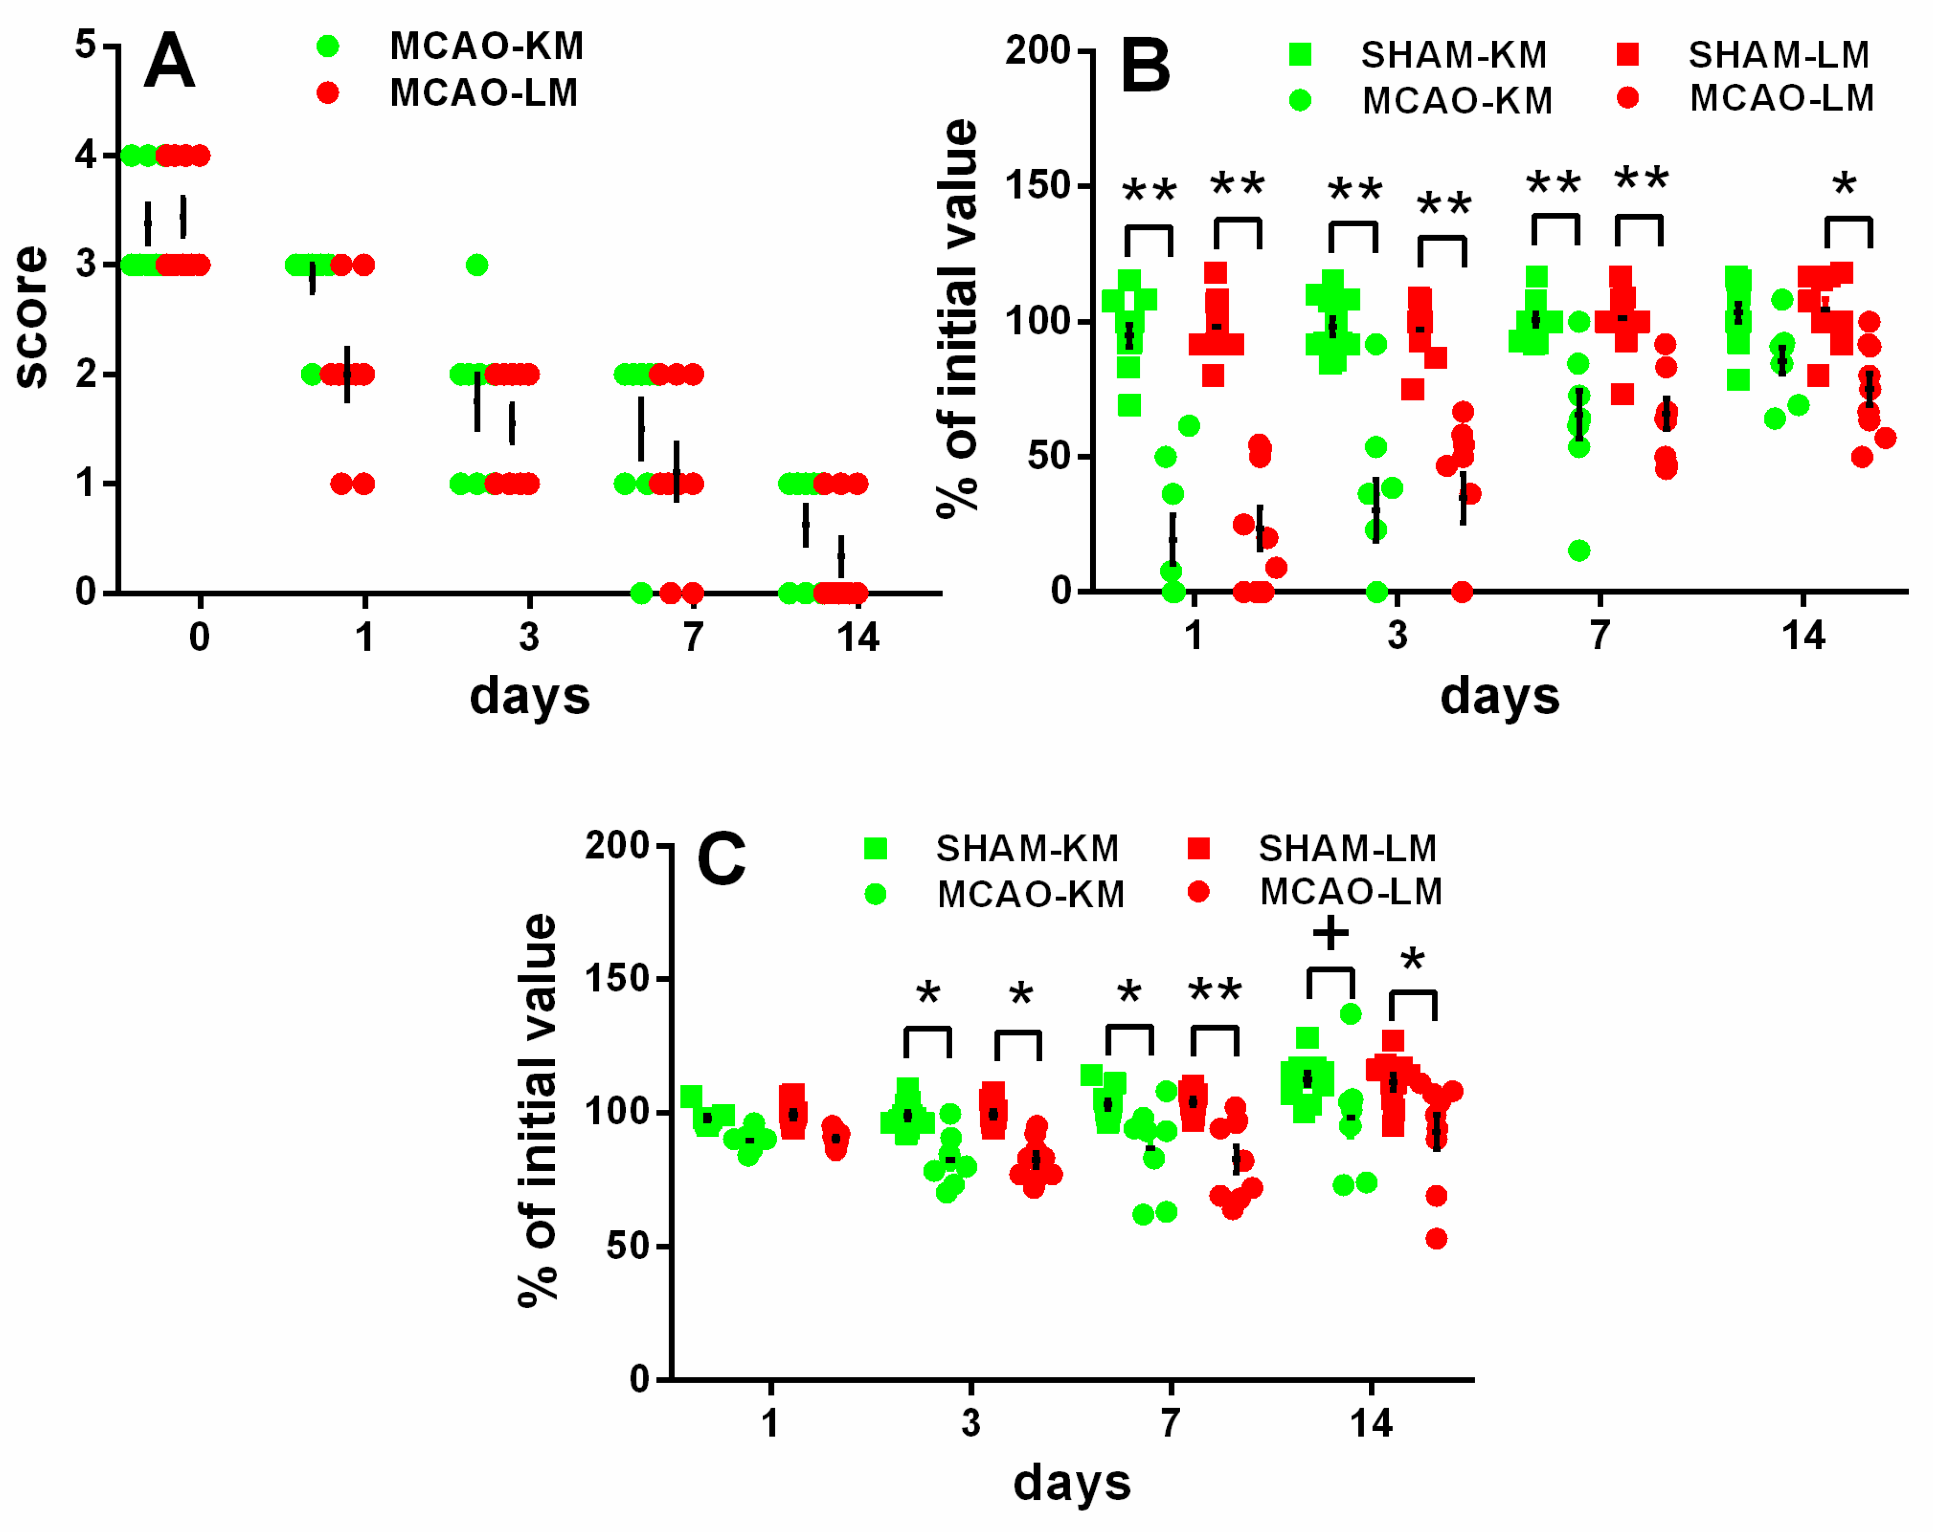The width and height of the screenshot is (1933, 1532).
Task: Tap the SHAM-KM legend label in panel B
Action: coord(1453,56)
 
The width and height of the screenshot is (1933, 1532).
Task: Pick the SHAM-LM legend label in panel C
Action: coord(1347,848)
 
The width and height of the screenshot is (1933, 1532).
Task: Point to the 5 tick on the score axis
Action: coord(86,45)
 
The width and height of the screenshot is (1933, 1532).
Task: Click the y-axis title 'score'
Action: coord(32,316)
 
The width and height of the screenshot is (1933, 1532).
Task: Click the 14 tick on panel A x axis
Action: coord(858,638)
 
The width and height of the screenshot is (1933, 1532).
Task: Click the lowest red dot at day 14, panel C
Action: coord(1436,1239)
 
